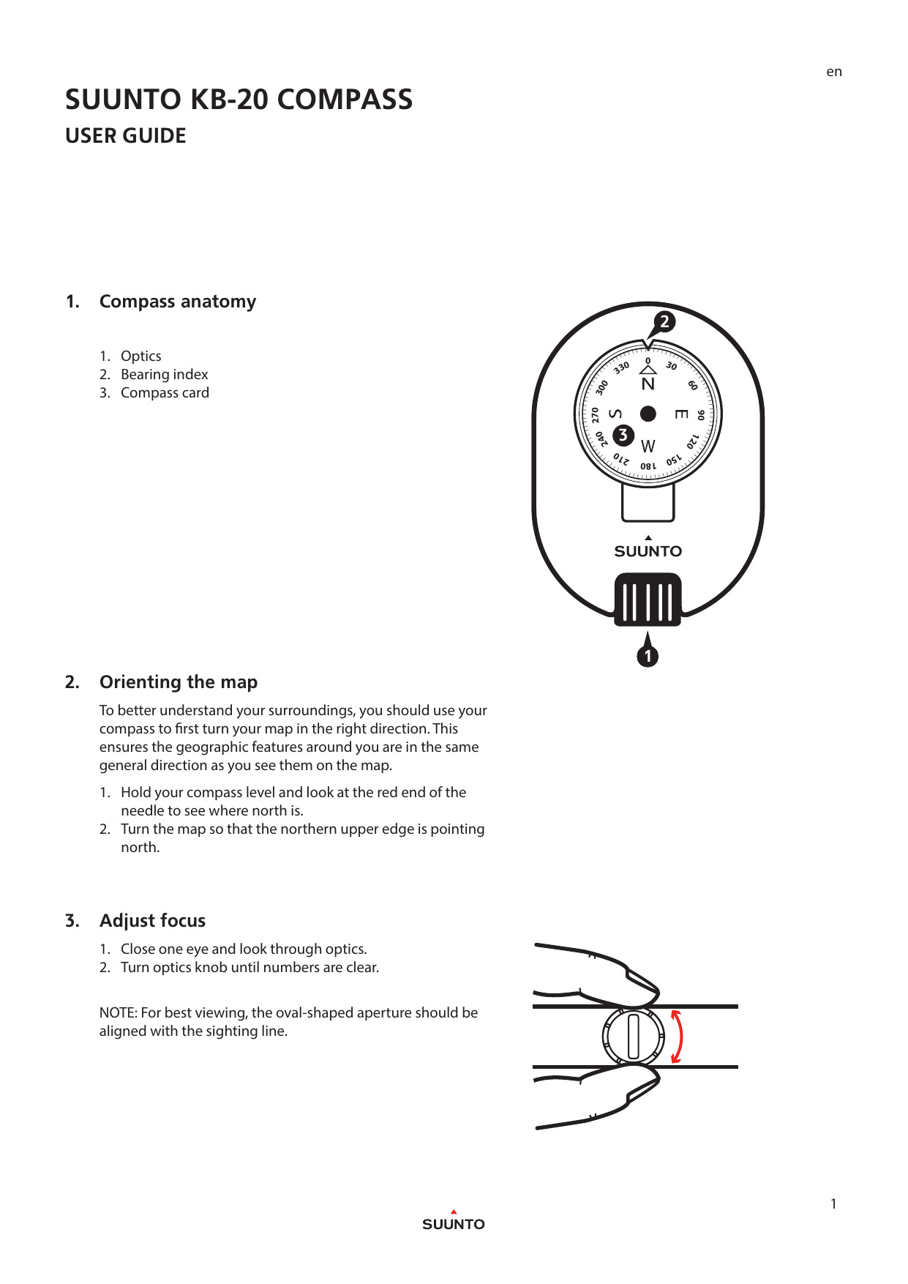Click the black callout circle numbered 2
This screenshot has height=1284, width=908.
[x=664, y=321]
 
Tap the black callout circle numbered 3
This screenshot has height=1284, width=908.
[x=623, y=435]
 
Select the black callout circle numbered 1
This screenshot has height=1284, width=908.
[x=648, y=656]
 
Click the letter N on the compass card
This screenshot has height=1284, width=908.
[x=648, y=384]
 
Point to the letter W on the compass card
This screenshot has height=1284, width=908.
[x=648, y=446]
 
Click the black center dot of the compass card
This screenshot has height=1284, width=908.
[x=648, y=414]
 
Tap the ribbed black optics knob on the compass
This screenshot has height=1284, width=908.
[x=648, y=600]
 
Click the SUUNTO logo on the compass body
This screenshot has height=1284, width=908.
[x=648, y=551]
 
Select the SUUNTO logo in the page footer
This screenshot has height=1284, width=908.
[x=453, y=1224]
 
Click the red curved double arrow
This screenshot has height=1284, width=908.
[x=678, y=1037]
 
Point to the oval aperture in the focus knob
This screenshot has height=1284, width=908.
[x=634, y=1037]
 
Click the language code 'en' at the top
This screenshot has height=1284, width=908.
[x=833, y=72]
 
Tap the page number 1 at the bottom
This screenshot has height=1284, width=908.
[x=833, y=1204]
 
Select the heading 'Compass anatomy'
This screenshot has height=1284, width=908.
[x=178, y=302]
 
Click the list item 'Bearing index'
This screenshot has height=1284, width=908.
[x=164, y=374]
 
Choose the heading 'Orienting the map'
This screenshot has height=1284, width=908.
[x=179, y=682]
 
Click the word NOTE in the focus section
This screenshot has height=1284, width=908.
[x=117, y=1012]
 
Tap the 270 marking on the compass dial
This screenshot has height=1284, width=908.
[x=596, y=415]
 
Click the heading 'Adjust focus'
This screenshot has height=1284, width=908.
[x=152, y=921]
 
